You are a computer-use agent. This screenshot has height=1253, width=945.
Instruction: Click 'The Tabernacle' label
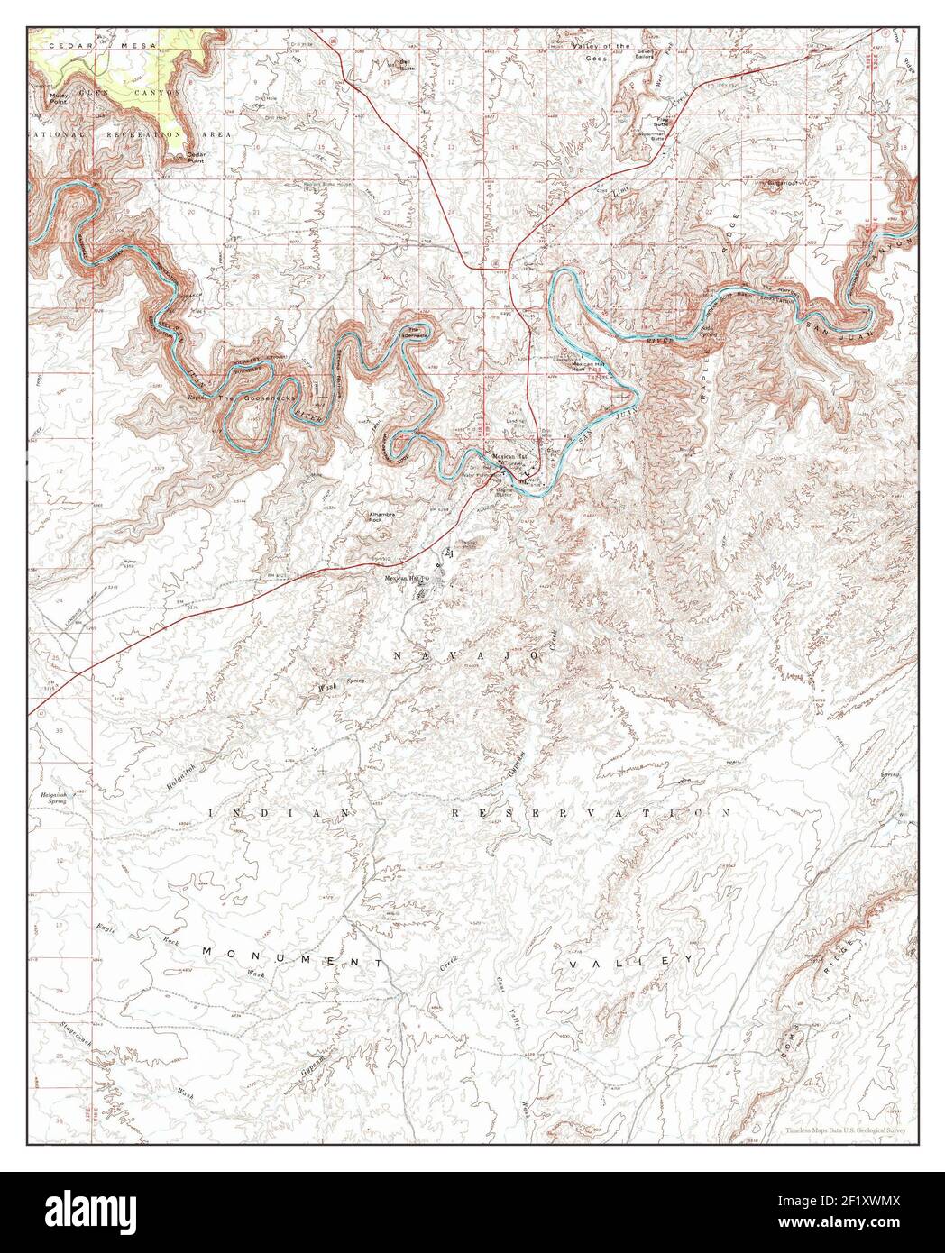pyautogui.click(x=417, y=332)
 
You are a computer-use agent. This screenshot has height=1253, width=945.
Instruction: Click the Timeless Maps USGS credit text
pyautogui.click(x=845, y=1129)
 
